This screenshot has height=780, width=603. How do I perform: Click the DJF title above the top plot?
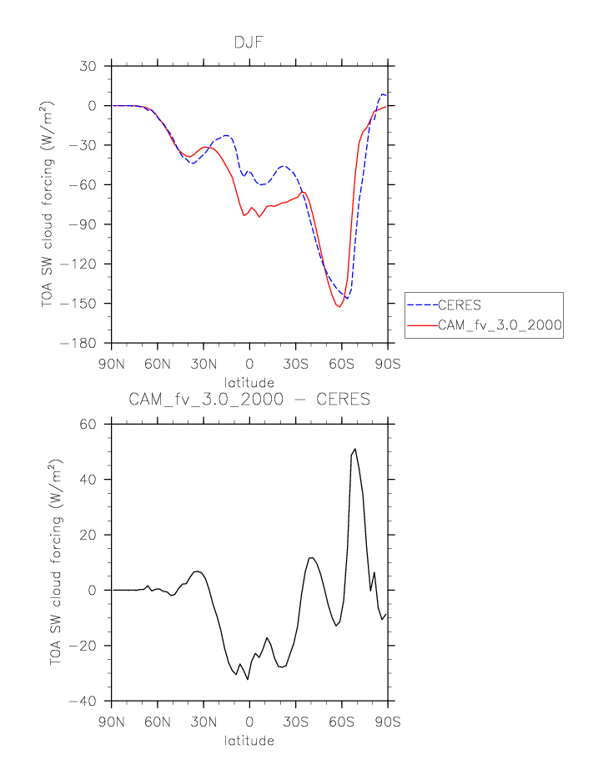pos(249,41)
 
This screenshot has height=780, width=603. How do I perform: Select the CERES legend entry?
pos(460,304)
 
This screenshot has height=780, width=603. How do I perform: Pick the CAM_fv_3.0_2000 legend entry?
pos(499,326)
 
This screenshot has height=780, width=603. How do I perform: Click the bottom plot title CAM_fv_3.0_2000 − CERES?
pos(249,400)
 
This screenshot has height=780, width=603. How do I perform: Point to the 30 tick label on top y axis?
pos(88,66)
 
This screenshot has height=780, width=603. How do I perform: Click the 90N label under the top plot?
pos(112,364)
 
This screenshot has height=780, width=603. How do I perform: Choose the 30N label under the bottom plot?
pos(204,722)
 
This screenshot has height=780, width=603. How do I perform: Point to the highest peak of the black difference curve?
pos(355,449)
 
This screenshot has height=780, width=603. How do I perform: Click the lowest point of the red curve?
pos(339,307)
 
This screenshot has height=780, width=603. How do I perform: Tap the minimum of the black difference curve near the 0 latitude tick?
pos(248,679)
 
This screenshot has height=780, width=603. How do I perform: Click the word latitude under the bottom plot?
pos(249,740)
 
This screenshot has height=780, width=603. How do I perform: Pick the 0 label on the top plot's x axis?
pos(249,364)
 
